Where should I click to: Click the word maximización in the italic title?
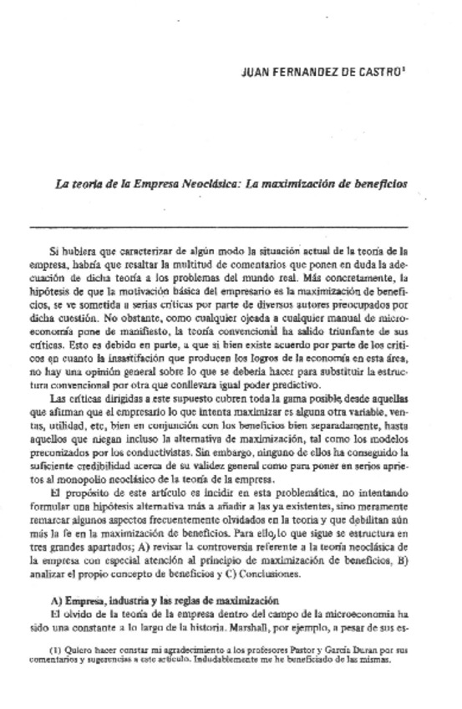(296, 183)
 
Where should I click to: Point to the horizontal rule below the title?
(219, 227)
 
